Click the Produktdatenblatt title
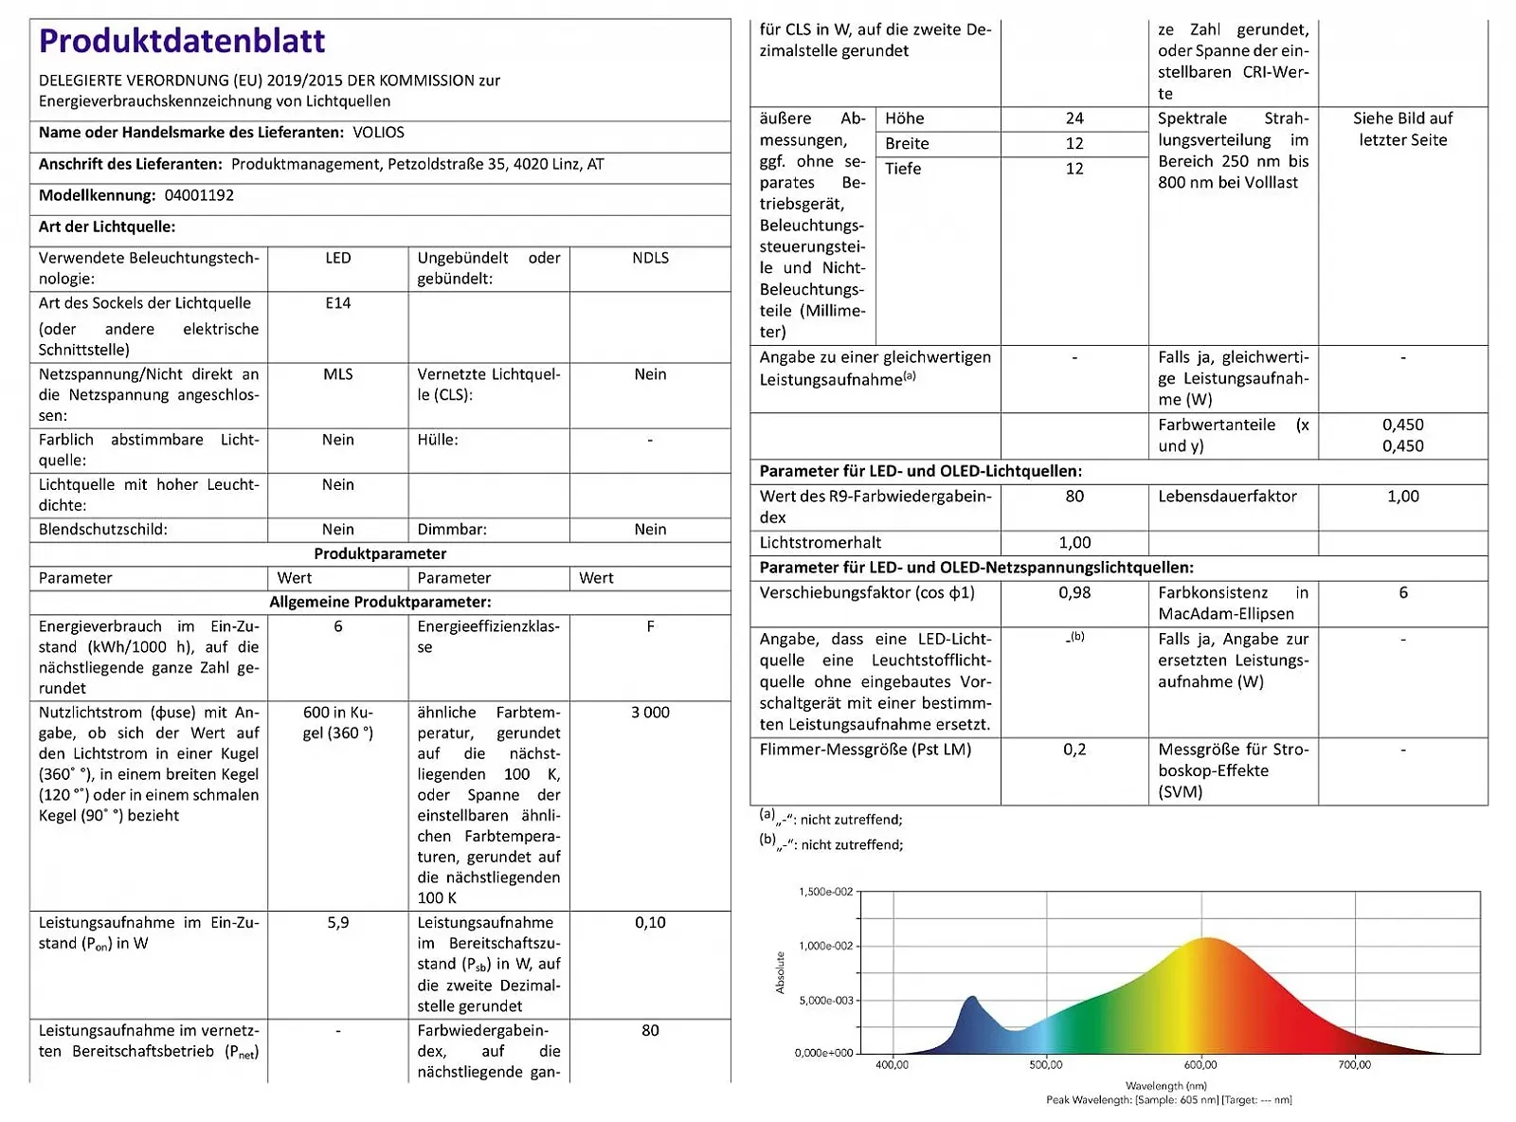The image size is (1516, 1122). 182,41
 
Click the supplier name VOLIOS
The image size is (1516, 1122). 378,133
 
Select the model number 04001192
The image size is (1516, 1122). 199,195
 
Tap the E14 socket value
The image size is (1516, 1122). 337,303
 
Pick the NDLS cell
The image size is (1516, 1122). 650,258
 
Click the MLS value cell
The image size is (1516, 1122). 337,374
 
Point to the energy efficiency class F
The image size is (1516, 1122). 650,626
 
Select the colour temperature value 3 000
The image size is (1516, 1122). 650,713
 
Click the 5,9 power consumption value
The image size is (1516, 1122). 337,923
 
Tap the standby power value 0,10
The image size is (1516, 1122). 650,923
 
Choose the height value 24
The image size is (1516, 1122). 1074,118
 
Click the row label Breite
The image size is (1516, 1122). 907,144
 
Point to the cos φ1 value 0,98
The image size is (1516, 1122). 1074,593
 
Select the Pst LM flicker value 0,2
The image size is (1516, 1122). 1074,750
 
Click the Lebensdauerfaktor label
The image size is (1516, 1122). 1227,497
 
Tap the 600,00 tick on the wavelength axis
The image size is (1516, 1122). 1200,1065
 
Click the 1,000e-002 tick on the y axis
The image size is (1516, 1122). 826,946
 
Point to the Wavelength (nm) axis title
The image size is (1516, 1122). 1165,1086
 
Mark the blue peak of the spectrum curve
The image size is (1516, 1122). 971,998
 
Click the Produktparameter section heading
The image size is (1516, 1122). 380,553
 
